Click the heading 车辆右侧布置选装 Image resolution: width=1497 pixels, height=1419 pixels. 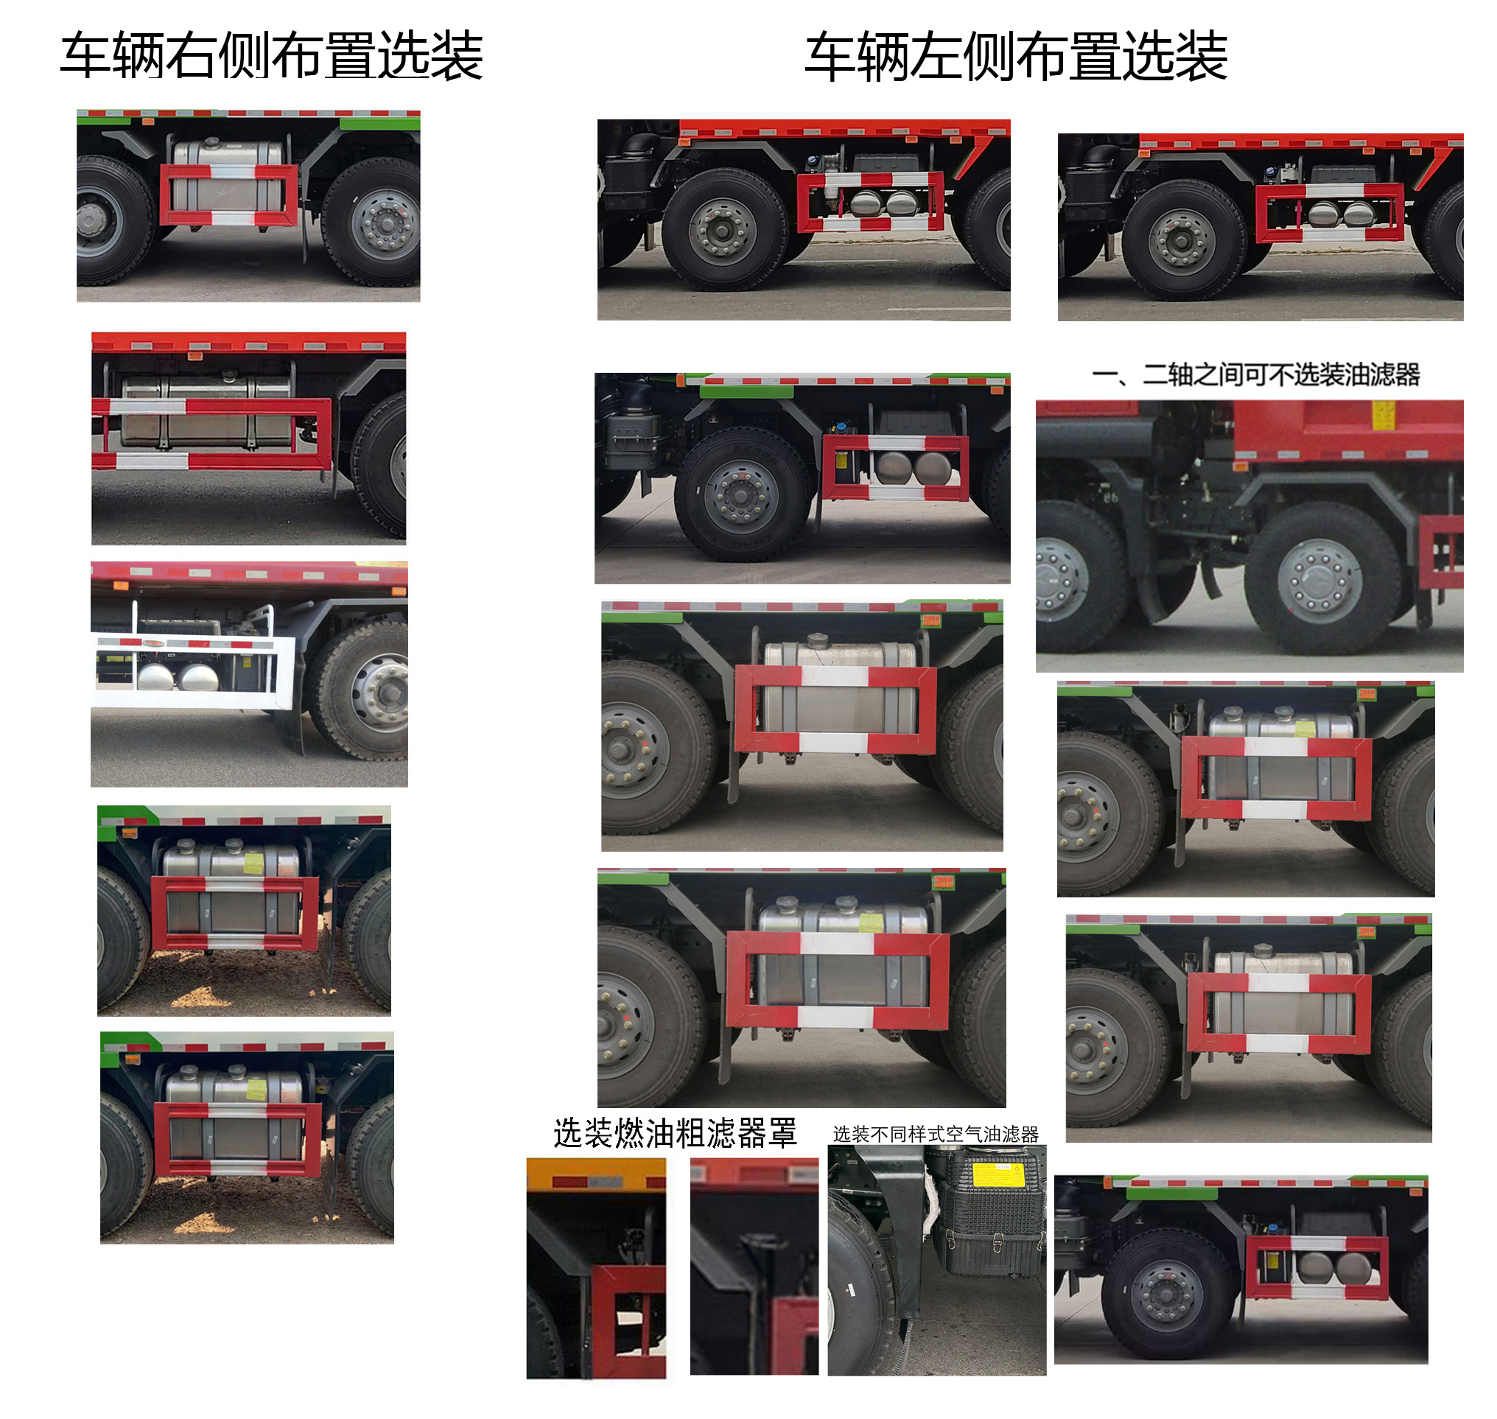271,56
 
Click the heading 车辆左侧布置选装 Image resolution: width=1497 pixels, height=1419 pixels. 1015,56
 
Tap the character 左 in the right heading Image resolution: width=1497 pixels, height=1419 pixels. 935,56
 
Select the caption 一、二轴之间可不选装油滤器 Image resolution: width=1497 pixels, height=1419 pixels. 1255,374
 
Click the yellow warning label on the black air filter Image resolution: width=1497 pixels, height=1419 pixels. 997,1176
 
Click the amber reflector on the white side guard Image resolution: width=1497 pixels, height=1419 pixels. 153,644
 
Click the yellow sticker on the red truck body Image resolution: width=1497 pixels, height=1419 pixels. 1384,415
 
